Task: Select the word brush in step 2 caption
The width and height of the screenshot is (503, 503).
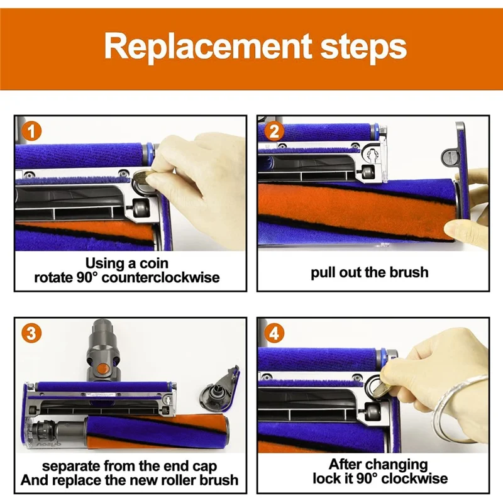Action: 407,272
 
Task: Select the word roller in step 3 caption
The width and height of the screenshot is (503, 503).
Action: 175,480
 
